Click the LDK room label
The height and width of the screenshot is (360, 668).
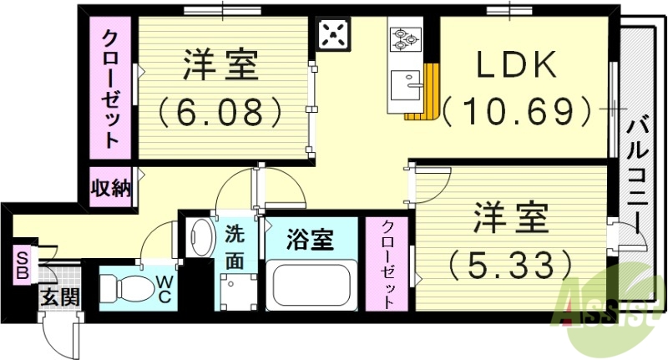coord(516,66)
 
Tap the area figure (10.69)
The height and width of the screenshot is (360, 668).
coord(518,109)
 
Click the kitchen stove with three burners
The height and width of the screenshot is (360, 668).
coord(406,38)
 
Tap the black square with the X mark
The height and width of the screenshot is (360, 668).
coord(334,36)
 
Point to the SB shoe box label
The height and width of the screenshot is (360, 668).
coord(21,265)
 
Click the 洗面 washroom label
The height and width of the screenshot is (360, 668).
coord(235,248)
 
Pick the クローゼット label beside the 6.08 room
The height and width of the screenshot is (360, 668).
coord(111,88)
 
